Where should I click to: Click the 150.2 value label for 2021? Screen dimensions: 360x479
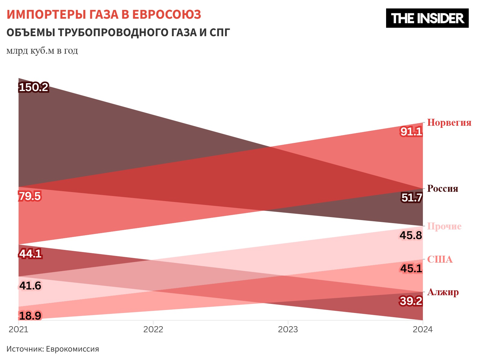coord(33,87)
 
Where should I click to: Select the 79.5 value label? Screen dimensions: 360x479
coord(30,196)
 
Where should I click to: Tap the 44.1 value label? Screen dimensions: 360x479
coord(30,254)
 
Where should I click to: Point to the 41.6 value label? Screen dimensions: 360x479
coord(30,286)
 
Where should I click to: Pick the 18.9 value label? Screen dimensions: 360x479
coord(30,316)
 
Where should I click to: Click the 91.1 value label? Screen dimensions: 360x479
coord(411,131)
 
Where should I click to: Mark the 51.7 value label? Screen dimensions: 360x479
coord(412,198)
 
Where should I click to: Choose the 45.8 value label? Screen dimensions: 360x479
coord(411,235)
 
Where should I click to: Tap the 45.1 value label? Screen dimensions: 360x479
coord(411,268)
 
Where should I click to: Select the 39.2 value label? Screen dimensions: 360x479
coord(411,301)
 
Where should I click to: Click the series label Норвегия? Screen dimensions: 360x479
coord(449,123)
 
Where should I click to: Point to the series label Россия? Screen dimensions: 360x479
coord(443,189)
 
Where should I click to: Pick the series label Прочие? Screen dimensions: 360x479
coord(444,226)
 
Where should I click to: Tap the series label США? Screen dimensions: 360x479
coord(440,259)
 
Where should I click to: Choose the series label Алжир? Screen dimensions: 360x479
coord(443,292)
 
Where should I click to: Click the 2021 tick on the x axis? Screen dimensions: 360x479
coord(18,329)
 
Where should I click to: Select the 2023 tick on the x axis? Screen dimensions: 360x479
coord(288,329)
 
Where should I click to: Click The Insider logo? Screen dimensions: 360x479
coord(427,18)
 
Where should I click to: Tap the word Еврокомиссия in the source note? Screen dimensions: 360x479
coord(72,349)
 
